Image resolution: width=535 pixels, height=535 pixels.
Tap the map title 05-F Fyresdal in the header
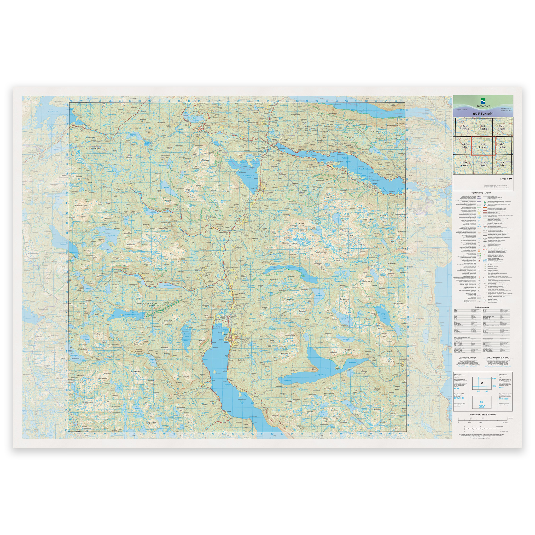click(x=483, y=114)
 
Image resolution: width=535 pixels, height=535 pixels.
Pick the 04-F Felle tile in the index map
click(x=502, y=164)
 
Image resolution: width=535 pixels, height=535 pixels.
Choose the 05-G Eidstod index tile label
click(x=502, y=146)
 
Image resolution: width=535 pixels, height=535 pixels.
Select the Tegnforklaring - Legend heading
click(x=483, y=193)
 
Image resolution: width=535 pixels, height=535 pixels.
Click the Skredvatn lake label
click(x=248, y=176)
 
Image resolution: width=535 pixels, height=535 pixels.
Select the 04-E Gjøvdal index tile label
click(x=483, y=164)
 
